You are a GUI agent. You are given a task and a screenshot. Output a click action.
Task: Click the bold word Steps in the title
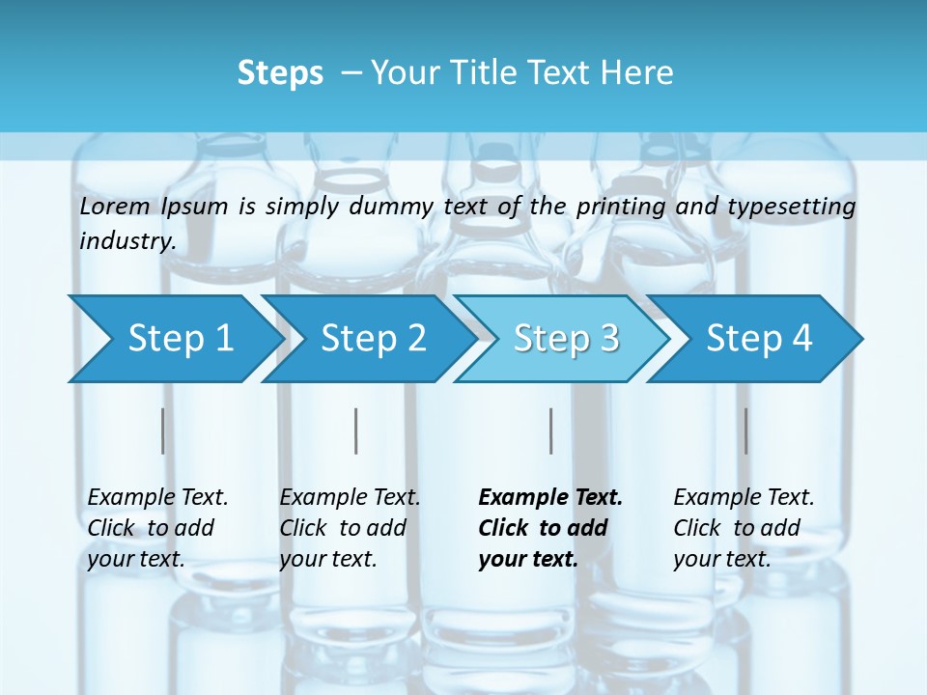point(280,73)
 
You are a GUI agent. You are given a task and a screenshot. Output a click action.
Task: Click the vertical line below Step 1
point(162,431)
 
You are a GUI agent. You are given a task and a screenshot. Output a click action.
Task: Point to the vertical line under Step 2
point(356,431)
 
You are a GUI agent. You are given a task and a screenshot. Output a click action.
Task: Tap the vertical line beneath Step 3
point(550,431)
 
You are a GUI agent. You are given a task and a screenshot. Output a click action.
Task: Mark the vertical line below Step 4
point(745,431)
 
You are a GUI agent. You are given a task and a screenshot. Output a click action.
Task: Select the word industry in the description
point(127,240)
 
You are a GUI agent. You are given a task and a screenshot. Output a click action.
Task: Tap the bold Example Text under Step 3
point(550,497)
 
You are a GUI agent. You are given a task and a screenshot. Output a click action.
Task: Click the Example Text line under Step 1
point(157,497)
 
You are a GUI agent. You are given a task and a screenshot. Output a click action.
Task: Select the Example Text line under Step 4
point(744,497)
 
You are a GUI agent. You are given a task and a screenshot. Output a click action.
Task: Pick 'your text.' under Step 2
point(327,559)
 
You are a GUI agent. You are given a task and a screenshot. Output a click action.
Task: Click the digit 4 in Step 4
point(801,338)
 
